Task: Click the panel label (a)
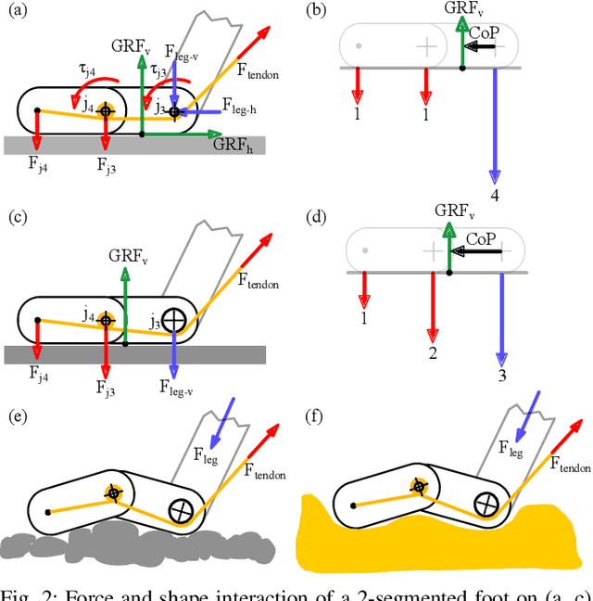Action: (16, 10)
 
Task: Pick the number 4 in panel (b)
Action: (496, 194)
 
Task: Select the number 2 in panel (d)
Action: (432, 354)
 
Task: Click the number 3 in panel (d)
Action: (503, 376)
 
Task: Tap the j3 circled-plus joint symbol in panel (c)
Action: (172, 321)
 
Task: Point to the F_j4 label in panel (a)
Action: (36, 167)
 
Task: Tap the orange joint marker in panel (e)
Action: (113, 492)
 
